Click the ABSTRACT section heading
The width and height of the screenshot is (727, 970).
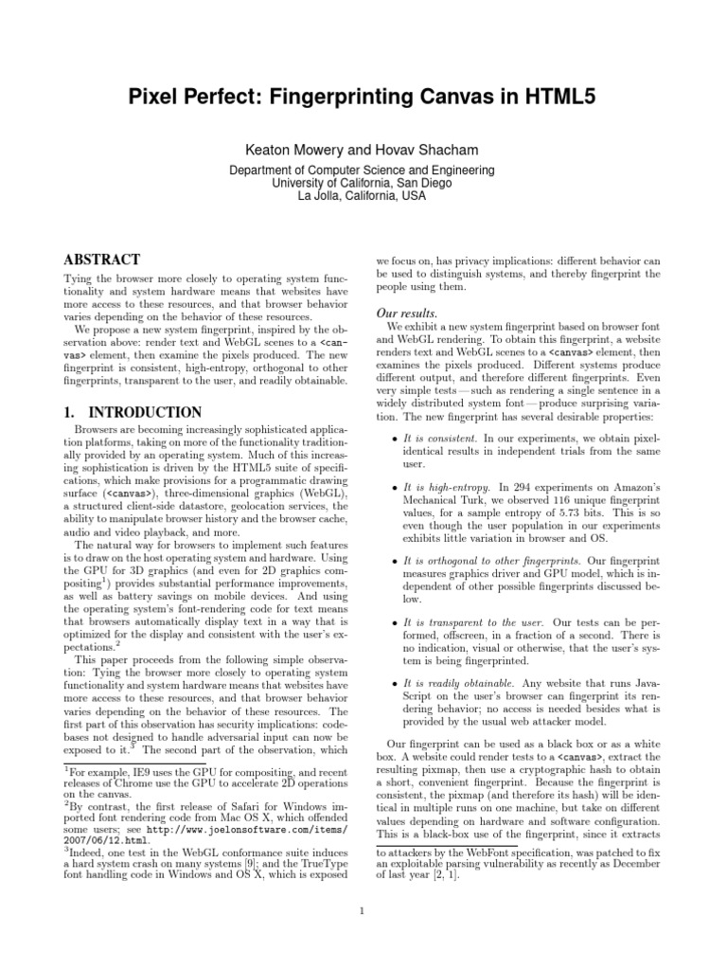tap(101, 259)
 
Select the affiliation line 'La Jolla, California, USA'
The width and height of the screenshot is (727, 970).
tap(363, 196)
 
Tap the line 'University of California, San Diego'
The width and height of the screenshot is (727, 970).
tap(363, 183)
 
